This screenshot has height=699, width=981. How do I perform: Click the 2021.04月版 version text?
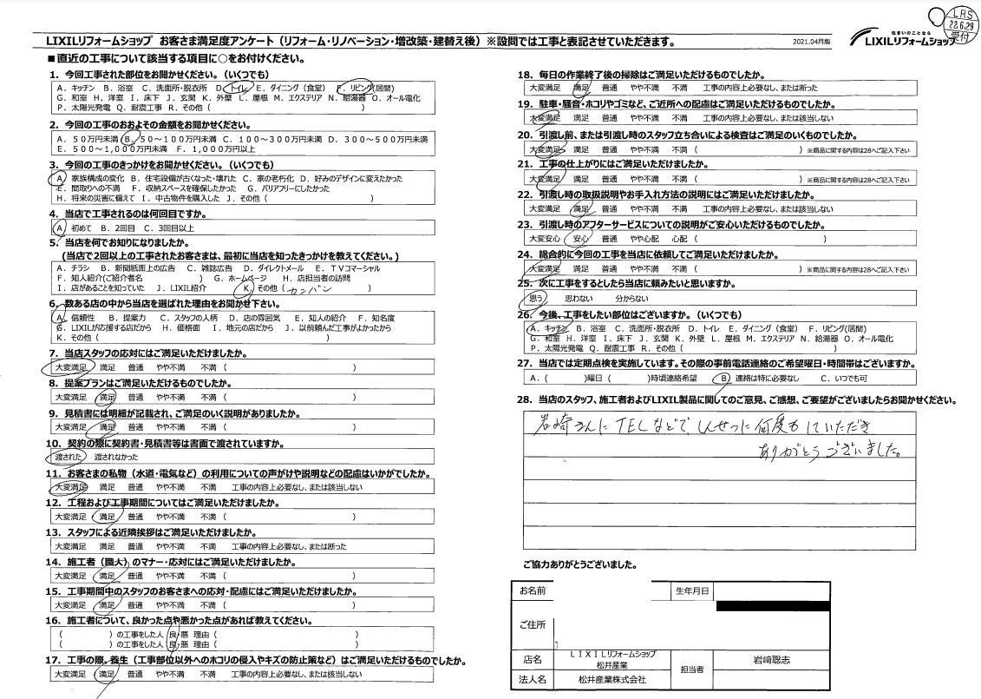(x=811, y=42)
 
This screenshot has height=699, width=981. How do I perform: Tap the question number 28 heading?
(x=524, y=399)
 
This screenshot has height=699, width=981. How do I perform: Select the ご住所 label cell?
(x=532, y=624)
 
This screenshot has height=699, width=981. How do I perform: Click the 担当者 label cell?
(x=692, y=669)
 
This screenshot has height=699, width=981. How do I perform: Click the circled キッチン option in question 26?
(x=553, y=328)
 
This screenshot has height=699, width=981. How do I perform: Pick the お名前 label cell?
(x=532, y=591)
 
